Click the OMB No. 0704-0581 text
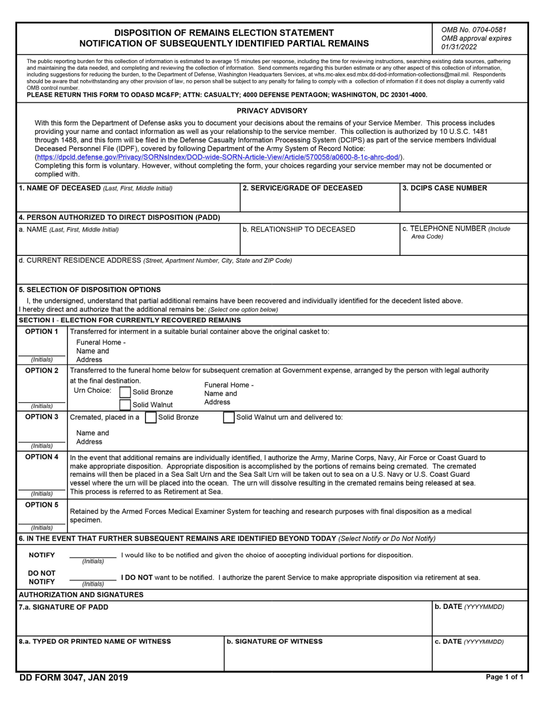(x=474, y=30)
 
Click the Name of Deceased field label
(x=95, y=188)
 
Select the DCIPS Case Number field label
(x=445, y=188)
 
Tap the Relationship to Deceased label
(x=299, y=230)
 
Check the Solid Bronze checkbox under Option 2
(x=125, y=392)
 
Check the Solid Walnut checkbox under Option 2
(x=125, y=405)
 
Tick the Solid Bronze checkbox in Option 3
(x=151, y=418)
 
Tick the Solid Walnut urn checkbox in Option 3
(x=228, y=418)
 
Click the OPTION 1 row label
(x=42, y=332)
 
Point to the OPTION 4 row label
(x=42, y=457)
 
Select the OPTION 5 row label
(x=42, y=505)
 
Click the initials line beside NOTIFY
(x=93, y=556)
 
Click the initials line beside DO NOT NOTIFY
(x=93, y=579)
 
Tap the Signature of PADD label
(x=64, y=607)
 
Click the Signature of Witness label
(x=274, y=642)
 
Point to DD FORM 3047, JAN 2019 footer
(x=73, y=678)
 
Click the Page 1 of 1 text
(x=504, y=677)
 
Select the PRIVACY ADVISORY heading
(x=272, y=111)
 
